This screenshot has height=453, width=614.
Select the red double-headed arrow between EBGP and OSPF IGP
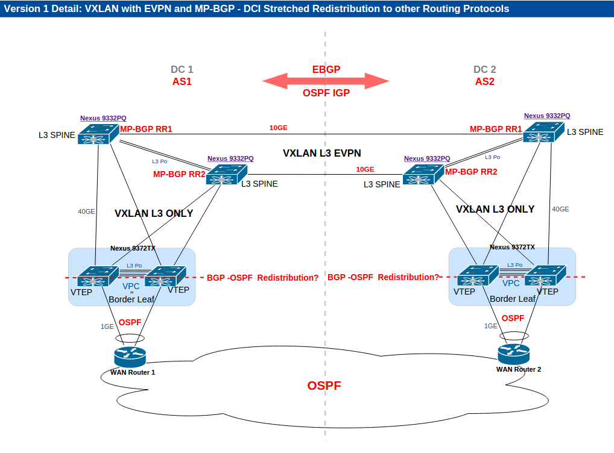326,81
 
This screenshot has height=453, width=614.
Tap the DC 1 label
182,70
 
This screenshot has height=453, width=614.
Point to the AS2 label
484,82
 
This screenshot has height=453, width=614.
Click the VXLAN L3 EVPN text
322,154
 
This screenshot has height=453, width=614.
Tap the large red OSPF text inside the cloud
324,386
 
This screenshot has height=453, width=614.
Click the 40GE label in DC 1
86,211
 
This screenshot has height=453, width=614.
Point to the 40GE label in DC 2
560,209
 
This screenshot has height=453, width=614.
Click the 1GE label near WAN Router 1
107,326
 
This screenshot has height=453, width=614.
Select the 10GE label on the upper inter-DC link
278,128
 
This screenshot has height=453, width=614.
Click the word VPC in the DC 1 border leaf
131,287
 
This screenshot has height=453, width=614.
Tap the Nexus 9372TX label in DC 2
512,247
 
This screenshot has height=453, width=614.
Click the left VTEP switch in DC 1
92,276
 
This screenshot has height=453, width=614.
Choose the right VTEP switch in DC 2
545,276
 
